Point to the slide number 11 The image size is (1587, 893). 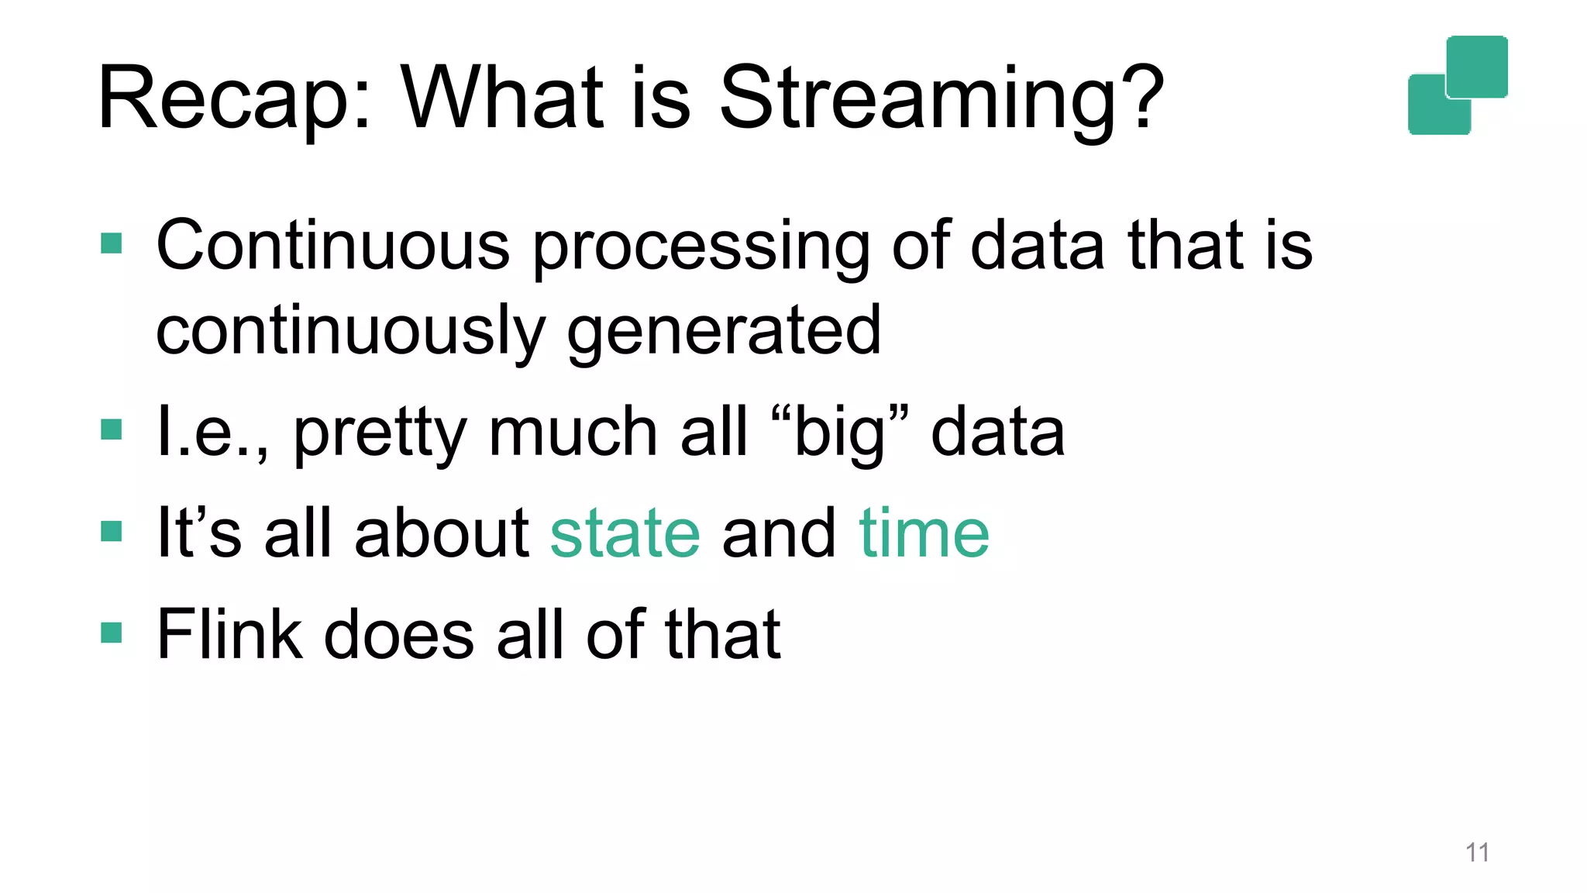pos(1477,853)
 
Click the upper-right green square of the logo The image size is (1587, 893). pos(1477,66)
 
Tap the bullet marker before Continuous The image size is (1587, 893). pos(112,244)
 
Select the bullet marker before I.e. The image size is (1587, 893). pos(112,429)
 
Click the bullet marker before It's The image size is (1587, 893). pos(112,532)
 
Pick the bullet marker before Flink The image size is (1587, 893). pos(112,633)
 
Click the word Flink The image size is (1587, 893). pos(229,634)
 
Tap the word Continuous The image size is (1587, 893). pos(332,246)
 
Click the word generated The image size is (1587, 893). pos(724,332)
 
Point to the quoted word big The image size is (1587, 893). pos(840,433)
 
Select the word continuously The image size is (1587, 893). pos(350,332)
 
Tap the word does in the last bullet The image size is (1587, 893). pos(398,634)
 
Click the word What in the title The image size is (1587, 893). pos(501,98)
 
